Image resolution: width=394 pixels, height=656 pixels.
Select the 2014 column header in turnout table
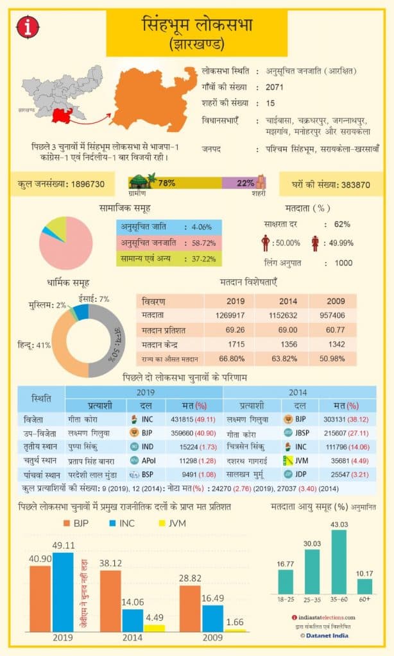pyautogui.click(x=288, y=301)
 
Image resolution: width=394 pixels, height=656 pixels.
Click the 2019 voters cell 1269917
pyautogui.click(x=236, y=315)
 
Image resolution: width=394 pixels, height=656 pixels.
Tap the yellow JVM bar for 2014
pyautogui.click(x=154, y=628)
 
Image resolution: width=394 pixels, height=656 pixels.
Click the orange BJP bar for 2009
pyautogui.click(x=191, y=608)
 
